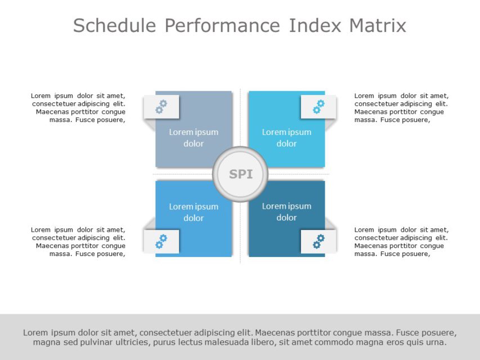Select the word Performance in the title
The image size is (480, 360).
(x=222, y=26)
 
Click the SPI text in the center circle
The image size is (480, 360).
(x=241, y=174)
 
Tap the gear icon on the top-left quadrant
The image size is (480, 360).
(x=162, y=106)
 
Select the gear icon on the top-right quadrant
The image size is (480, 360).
(x=318, y=106)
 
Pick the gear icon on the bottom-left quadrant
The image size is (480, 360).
(x=162, y=241)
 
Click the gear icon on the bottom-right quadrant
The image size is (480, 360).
(x=318, y=241)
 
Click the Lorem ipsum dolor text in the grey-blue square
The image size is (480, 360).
(x=194, y=138)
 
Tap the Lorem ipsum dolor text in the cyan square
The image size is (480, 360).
(x=286, y=138)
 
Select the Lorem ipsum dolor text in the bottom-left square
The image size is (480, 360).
(x=194, y=212)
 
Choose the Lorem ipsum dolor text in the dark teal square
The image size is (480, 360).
(x=286, y=212)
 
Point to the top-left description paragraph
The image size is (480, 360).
(x=79, y=107)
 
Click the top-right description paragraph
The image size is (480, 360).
(x=401, y=107)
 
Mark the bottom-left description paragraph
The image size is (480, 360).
(x=79, y=241)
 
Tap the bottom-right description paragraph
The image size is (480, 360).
(x=401, y=241)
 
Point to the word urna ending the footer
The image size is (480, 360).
(x=436, y=343)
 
